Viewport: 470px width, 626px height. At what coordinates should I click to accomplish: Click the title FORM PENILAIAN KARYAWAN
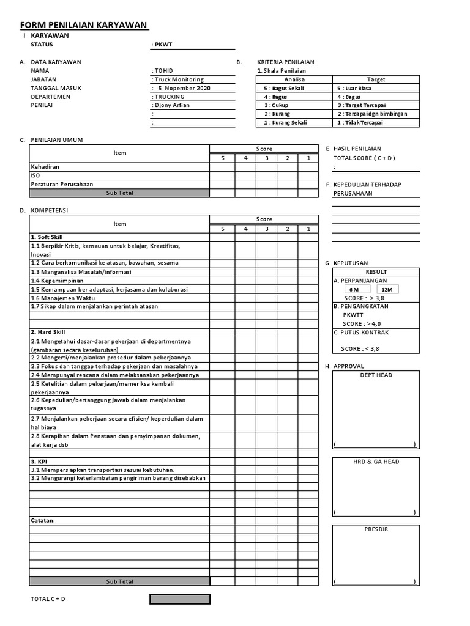[84, 25]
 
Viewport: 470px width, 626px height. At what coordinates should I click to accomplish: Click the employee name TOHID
[163, 71]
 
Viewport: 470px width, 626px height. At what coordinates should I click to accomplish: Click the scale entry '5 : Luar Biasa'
[354, 88]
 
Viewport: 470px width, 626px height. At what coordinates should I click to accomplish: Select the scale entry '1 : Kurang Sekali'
[285, 123]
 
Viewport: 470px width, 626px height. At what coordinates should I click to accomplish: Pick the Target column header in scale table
[376, 79]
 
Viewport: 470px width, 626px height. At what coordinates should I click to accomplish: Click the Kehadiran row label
[45, 166]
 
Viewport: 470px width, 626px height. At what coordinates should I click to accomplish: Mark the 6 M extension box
[354, 289]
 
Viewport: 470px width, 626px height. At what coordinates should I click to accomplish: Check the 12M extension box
[387, 289]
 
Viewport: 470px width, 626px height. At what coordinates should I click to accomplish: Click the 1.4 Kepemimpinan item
[57, 281]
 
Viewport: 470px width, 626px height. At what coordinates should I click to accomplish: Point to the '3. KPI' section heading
[39, 461]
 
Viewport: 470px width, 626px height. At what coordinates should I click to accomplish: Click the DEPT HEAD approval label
[376, 375]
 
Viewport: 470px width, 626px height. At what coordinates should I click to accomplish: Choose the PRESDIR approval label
[376, 529]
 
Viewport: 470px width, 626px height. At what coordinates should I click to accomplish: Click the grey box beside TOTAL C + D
[180, 599]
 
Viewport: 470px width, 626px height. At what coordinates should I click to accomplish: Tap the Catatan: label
[43, 521]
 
